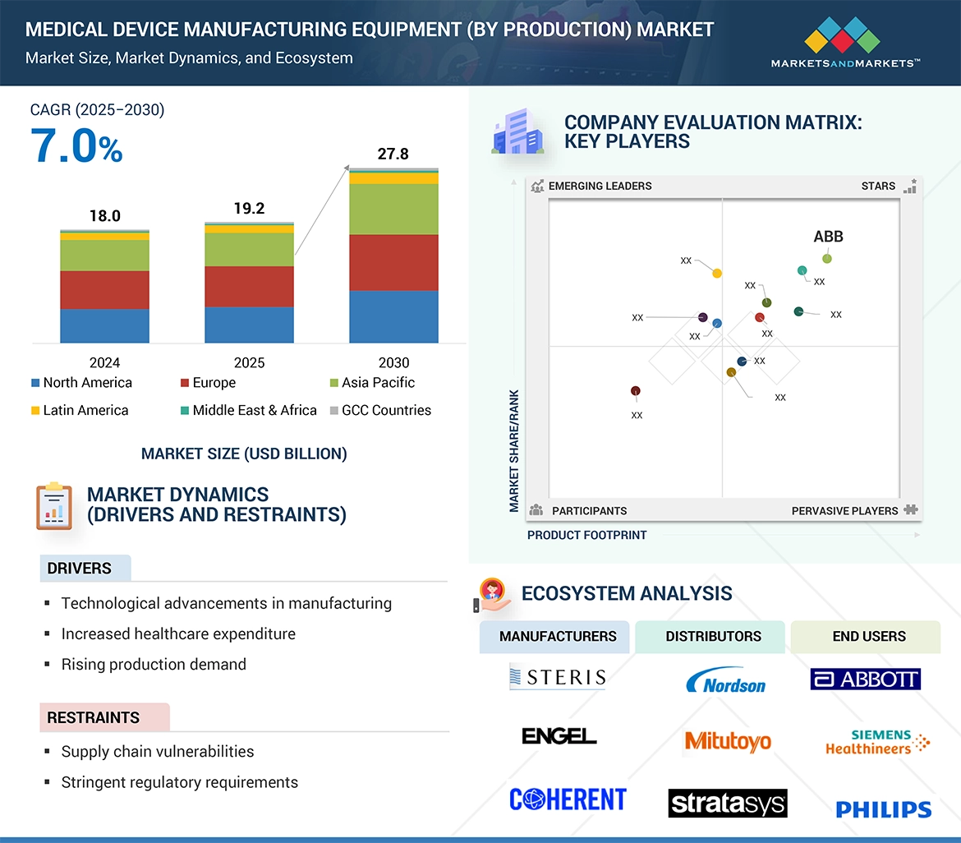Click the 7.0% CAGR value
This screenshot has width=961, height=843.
pos(77,146)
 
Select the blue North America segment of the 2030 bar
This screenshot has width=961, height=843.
pos(393,316)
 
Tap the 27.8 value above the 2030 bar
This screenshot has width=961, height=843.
pos(393,154)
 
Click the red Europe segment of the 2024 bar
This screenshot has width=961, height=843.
pos(104,290)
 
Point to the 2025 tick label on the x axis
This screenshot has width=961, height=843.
pos(249,362)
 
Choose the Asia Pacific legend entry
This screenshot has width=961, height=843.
pos(378,383)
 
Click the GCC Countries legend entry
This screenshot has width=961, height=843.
pos(386,410)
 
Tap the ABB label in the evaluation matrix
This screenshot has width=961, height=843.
pos(828,237)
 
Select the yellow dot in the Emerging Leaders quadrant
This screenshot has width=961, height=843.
pos(717,273)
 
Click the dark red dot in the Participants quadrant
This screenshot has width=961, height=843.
pos(635,391)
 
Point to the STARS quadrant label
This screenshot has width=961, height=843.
pos(878,186)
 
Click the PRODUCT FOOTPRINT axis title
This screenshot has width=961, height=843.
pos(586,535)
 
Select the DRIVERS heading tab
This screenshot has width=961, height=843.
pos(80,569)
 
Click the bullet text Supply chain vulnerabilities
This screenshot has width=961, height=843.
pos(158,751)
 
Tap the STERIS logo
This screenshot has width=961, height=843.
pos(557,677)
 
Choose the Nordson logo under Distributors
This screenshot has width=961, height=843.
pos(725,681)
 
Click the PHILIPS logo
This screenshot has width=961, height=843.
pos(884,809)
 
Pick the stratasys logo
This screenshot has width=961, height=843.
pos(727,803)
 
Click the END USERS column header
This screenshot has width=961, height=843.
pos(868,636)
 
